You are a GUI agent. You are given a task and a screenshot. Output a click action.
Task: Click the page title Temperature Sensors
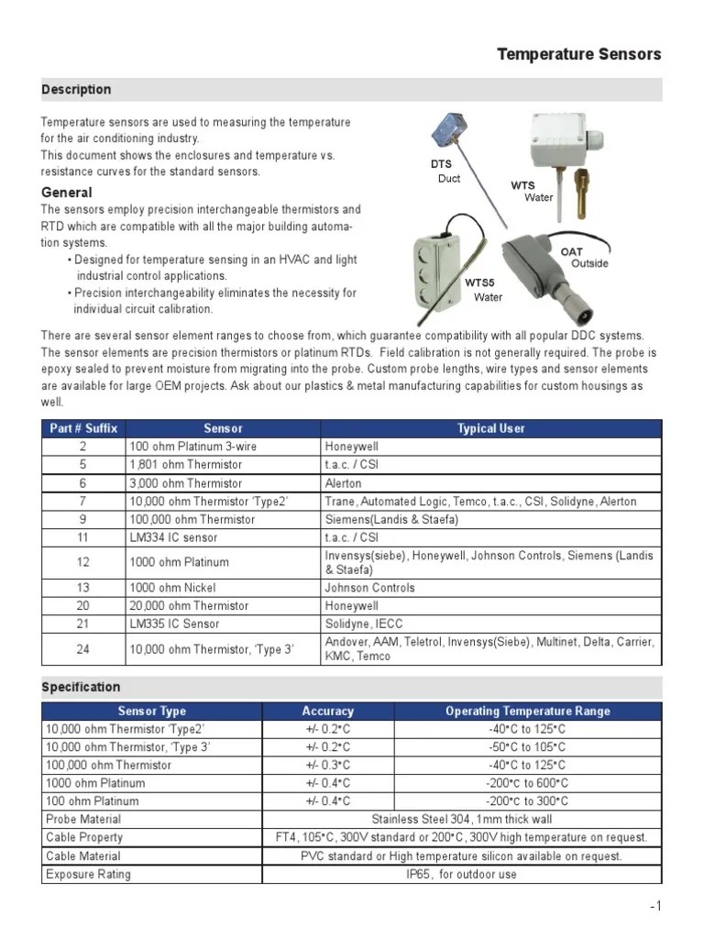coord(578,54)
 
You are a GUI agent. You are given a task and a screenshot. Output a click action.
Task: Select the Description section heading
coord(76,89)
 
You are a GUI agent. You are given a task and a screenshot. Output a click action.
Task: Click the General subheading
coord(67,193)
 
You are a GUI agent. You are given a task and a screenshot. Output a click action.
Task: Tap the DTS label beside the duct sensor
coord(442,164)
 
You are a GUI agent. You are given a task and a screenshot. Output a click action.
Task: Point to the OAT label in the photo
coord(571,251)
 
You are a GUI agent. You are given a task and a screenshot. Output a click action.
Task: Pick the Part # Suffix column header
coord(83,428)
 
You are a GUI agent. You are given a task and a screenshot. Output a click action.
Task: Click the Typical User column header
coord(490,428)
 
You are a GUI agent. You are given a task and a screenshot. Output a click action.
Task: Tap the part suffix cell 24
coord(83,649)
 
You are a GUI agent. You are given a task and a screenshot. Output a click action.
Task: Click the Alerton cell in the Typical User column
coord(344,483)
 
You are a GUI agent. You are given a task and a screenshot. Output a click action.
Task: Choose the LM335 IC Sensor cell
coord(174,624)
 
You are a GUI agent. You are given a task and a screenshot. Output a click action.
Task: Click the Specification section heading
coord(81,687)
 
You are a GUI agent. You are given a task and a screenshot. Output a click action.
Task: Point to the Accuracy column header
coord(327,711)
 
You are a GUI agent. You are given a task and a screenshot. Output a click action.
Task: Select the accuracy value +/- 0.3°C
coord(327,765)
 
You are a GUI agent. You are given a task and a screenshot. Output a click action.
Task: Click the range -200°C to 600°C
coord(526,783)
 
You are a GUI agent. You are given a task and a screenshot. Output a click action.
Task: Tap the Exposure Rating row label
coord(88,874)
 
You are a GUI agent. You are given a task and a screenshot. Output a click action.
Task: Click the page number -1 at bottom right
coord(654,907)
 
